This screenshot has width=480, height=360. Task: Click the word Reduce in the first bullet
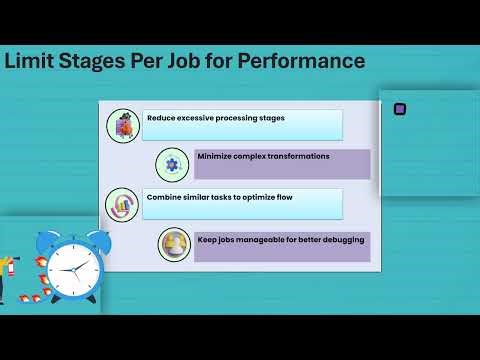click(x=162, y=118)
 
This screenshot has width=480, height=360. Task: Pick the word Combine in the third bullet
click(x=164, y=197)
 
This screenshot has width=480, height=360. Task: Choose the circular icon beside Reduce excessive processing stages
click(x=122, y=125)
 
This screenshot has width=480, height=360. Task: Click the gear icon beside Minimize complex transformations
click(x=172, y=164)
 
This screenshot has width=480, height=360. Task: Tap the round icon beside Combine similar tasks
click(x=122, y=204)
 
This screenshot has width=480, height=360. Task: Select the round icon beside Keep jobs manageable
click(x=174, y=245)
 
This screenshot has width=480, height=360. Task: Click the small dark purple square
click(x=400, y=109)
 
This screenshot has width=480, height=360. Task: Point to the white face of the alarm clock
click(x=68, y=271)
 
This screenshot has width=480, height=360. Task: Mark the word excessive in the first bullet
click(x=207, y=118)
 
